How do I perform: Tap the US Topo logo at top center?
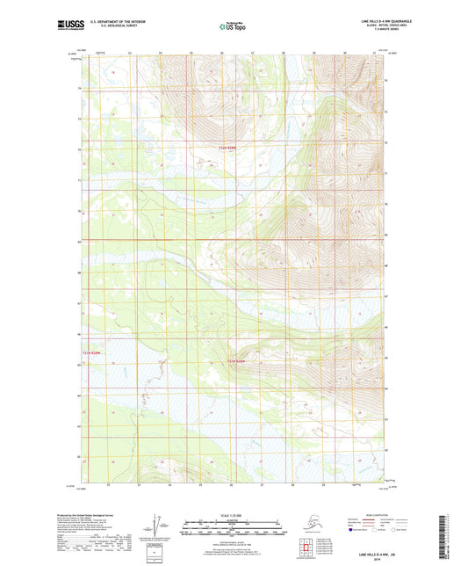pos(233,26)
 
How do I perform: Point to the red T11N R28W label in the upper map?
pos(228,148)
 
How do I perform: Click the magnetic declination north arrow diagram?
pos(155,524)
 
